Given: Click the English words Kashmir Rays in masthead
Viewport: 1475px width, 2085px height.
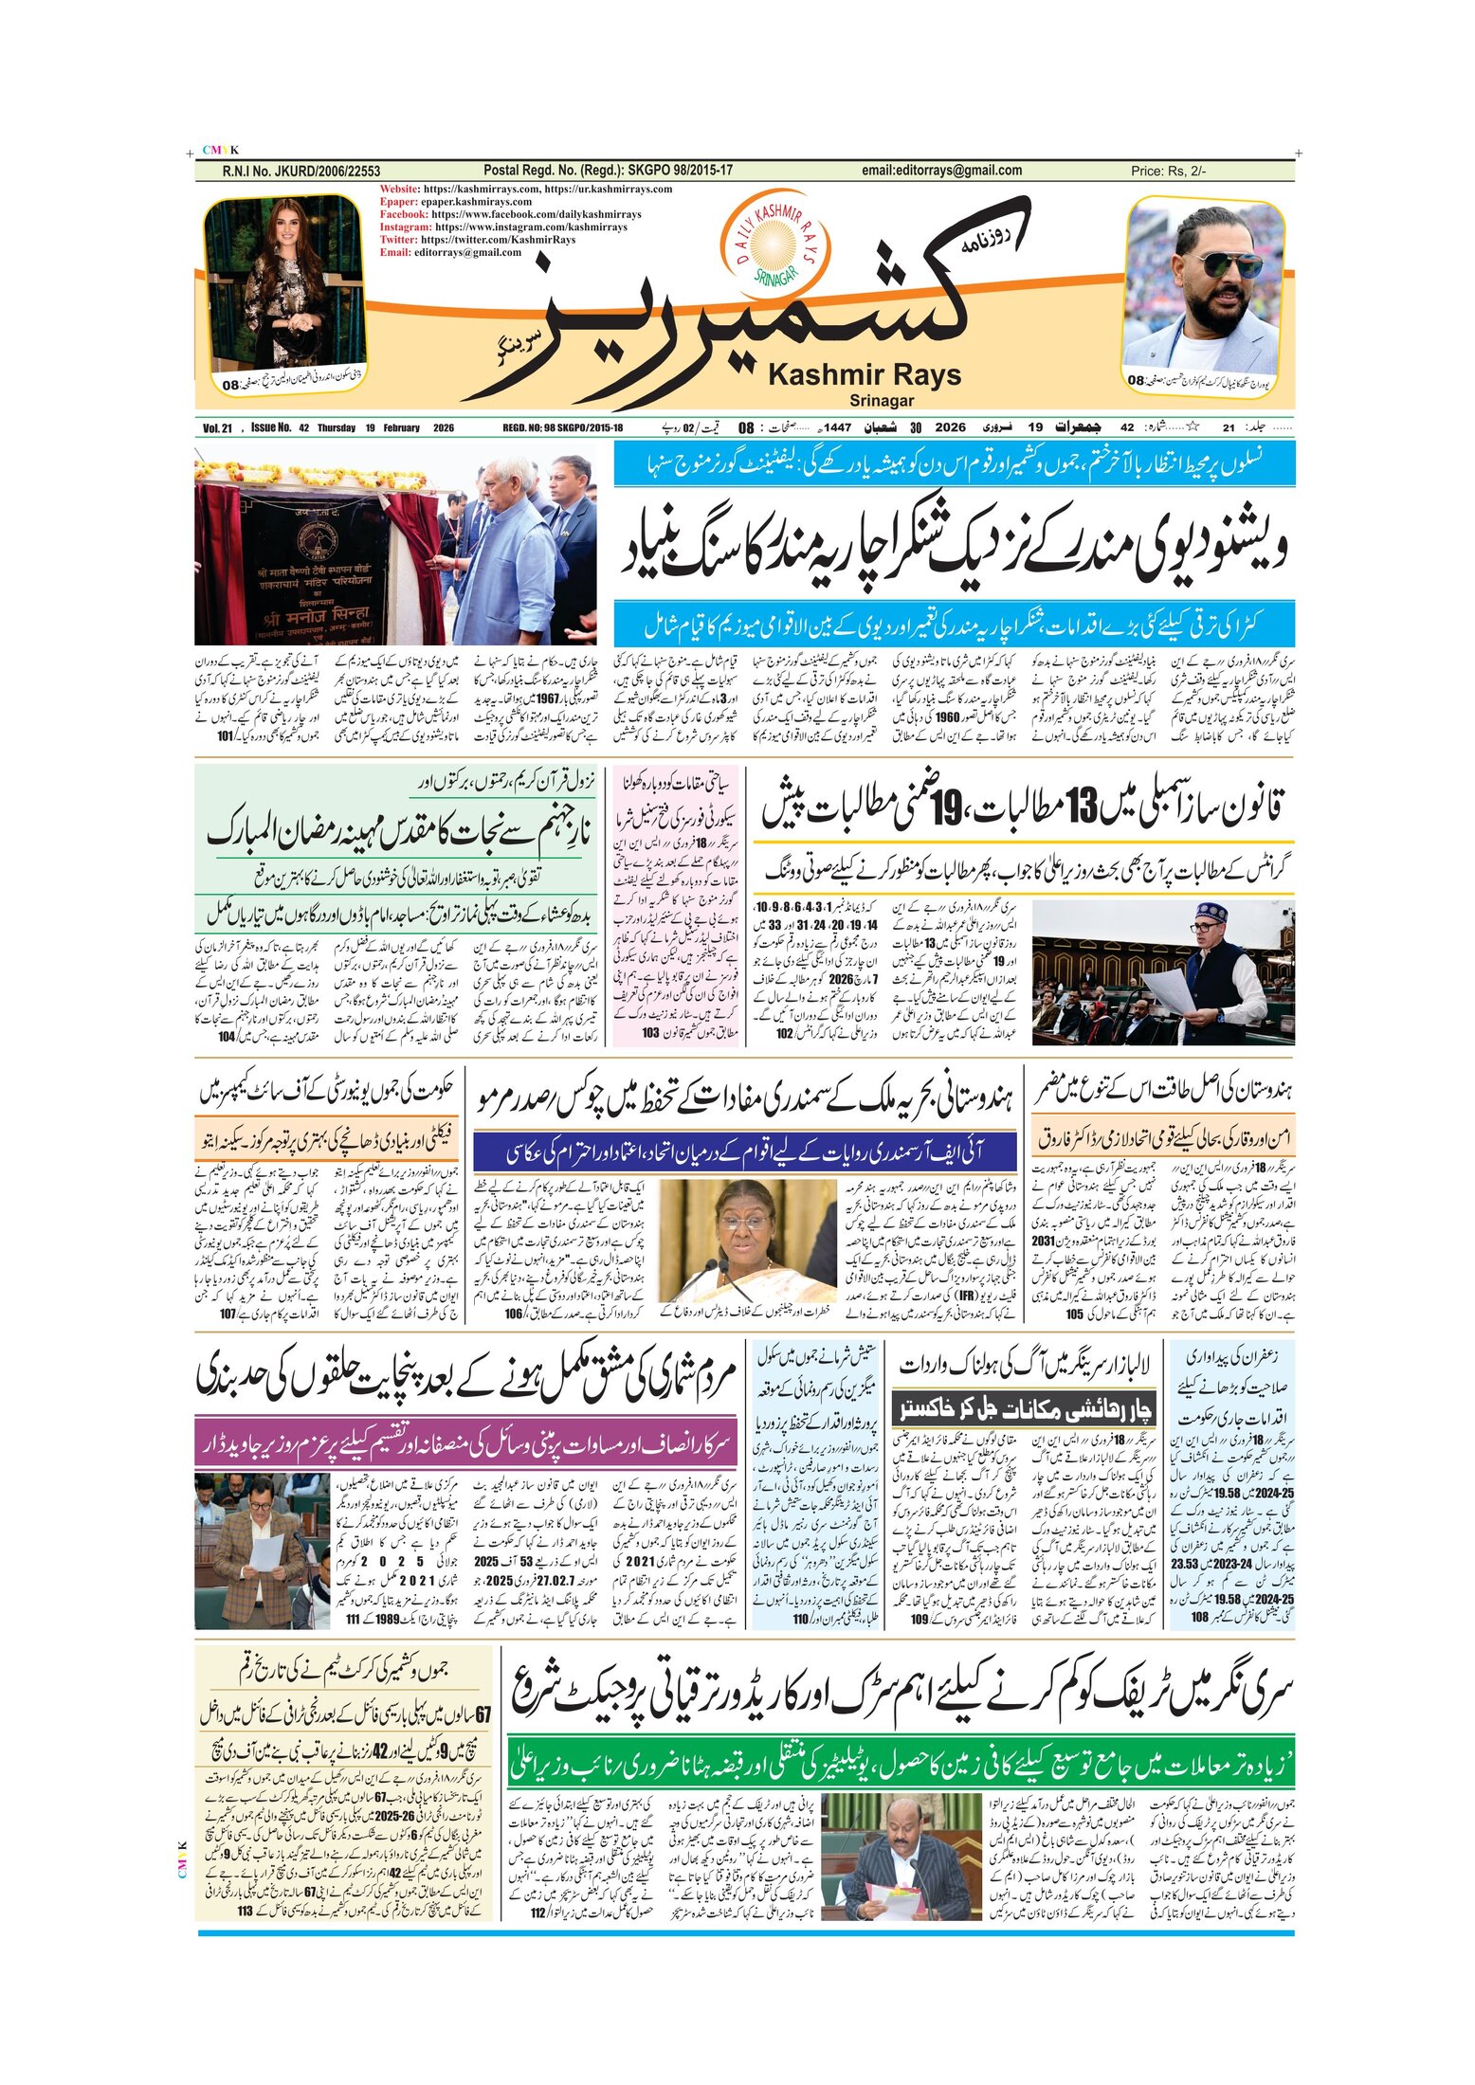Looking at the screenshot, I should click(x=864, y=375).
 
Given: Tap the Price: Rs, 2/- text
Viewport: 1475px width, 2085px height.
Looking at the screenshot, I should click(x=1168, y=172).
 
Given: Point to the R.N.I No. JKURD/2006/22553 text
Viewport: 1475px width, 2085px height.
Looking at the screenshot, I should click(x=300, y=172).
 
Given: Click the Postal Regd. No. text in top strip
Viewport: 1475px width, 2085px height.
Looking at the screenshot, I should click(x=607, y=171).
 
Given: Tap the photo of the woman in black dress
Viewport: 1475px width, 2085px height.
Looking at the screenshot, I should click(x=283, y=284).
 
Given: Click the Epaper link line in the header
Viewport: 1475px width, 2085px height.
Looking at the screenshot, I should click(x=456, y=202).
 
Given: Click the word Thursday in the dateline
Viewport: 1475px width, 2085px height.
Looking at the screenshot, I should click(x=337, y=427).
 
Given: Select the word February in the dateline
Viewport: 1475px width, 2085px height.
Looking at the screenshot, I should click(x=401, y=427).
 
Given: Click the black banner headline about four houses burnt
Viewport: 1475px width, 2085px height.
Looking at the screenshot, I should click(x=1024, y=1409).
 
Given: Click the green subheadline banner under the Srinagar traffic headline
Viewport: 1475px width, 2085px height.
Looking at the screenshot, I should click(x=901, y=1762).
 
